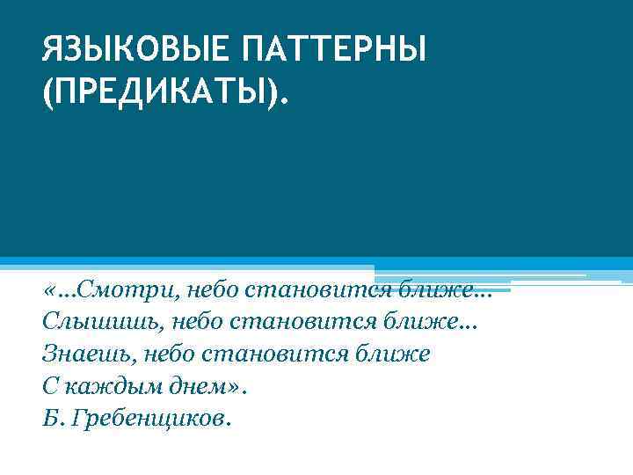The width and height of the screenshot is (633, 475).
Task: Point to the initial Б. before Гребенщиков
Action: tap(51, 417)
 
